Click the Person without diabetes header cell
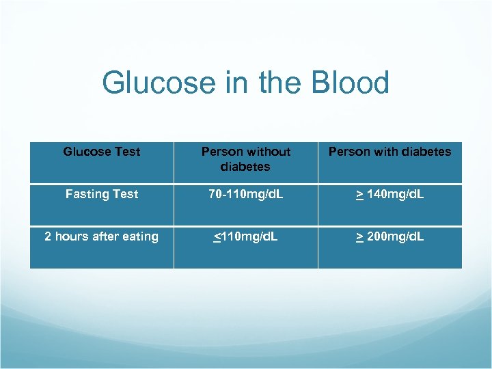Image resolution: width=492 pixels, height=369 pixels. coord(246,159)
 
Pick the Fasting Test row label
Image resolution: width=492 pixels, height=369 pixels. coord(101,194)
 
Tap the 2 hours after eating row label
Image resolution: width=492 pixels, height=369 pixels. coord(101,236)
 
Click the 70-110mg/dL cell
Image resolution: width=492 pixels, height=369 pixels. coord(246,194)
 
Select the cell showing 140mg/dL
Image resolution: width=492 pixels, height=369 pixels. coord(389,194)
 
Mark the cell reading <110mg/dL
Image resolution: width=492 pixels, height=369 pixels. coord(246,236)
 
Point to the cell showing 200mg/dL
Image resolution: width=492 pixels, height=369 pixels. coord(389,236)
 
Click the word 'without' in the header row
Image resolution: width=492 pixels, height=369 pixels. coord(268,152)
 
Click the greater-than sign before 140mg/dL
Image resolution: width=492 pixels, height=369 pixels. coord(359,195)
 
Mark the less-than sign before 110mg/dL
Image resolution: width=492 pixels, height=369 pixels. coord(217,237)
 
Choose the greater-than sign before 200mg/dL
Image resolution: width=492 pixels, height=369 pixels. coord(359,237)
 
